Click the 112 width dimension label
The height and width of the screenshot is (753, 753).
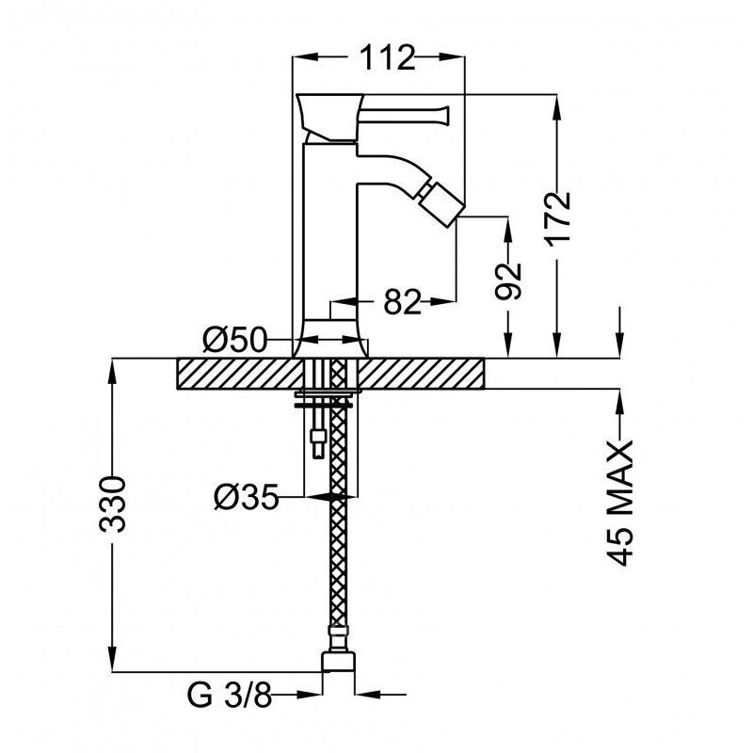coord(387,57)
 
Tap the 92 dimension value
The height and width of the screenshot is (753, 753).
coord(508,281)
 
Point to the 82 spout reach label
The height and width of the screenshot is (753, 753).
coord(402,302)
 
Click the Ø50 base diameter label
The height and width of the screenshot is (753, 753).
coord(233,339)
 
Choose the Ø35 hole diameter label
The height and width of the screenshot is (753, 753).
coord(246,497)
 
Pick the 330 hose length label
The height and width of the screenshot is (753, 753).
coord(112,505)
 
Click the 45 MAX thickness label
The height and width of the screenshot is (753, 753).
coord(619,503)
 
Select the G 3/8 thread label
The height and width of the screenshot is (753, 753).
coord(229,695)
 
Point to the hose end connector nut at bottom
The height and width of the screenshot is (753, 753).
coord(338,662)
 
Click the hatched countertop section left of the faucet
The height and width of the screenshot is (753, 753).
coord(241,374)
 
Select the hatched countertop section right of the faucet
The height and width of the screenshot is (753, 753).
coord(421,374)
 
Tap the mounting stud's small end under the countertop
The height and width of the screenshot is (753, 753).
coord(318,444)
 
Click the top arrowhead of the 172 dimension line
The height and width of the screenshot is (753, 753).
coord(556,105)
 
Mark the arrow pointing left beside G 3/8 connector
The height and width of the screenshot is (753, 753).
coord(367,694)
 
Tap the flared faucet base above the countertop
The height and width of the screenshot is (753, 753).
coord(330,339)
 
